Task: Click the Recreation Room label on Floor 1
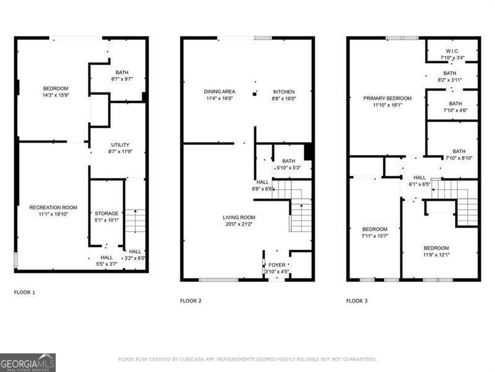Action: pyautogui.click(x=53, y=207)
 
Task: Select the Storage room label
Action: pyautogui.click(x=106, y=213)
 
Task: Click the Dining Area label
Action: pyautogui.click(x=219, y=92)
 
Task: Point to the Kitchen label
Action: pyautogui.click(x=284, y=92)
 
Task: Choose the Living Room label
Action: pyautogui.click(x=239, y=218)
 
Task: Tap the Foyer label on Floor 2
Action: pyautogui.click(x=277, y=265)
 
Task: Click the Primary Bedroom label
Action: pyautogui.click(x=387, y=98)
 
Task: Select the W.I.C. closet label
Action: pyautogui.click(x=452, y=51)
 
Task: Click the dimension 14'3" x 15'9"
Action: pyautogui.click(x=55, y=95)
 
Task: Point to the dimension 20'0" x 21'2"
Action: pyautogui.click(x=239, y=224)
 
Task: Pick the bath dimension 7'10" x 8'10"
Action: pyautogui.click(x=458, y=158)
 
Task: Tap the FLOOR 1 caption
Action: pyautogui.click(x=25, y=291)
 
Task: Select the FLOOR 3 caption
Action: pyautogui.click(x=356, y=301)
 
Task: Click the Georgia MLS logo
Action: pyautogui.click(x=28, y=362)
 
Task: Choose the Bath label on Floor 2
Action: pyautogui.click(x=284, y=161)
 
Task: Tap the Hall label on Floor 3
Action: pyautogui.click(x=420, y=177)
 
